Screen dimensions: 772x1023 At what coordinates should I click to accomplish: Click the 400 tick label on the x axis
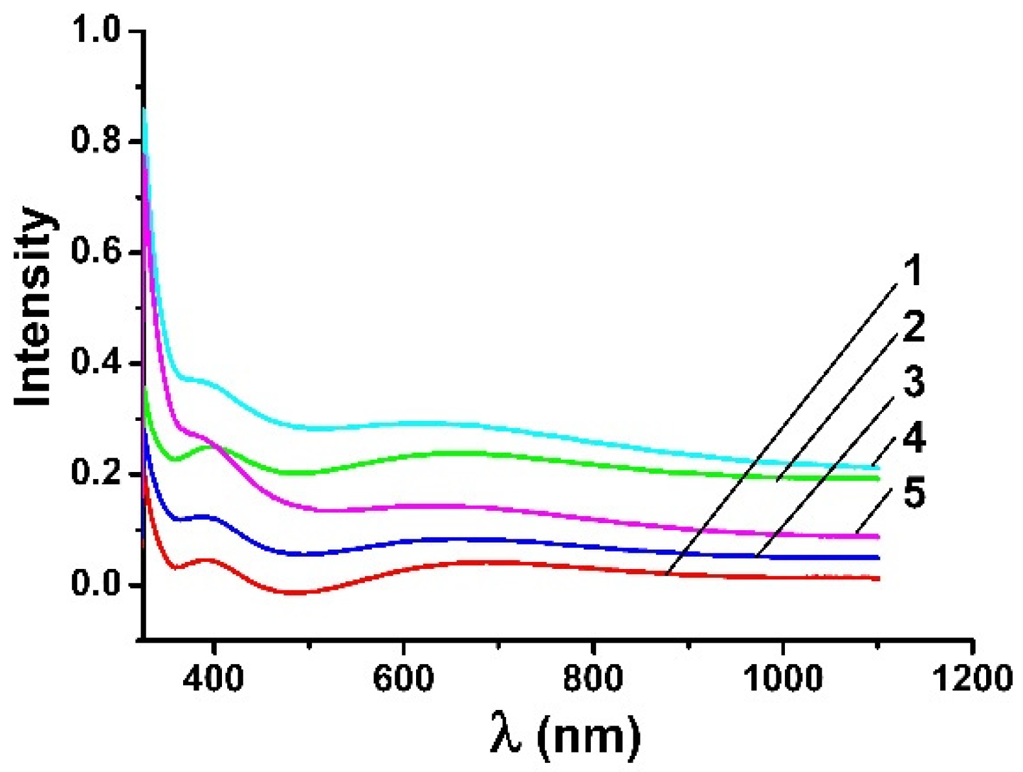point(213,678)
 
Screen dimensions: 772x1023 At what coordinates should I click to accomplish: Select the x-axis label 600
point(402,678)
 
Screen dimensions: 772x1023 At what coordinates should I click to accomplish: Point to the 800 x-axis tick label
point(592,678)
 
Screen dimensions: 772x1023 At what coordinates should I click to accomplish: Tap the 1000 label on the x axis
point(782,678)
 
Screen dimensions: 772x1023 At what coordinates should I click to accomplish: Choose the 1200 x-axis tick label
point(972,678)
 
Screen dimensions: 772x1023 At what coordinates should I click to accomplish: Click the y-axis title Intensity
point(34,307)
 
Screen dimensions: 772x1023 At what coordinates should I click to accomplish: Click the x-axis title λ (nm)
point(565,736)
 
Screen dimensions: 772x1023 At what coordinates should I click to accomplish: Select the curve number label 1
point(912,271)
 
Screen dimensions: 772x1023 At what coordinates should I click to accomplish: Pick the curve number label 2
point(913,327)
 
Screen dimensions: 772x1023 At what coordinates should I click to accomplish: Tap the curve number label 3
point(913,382)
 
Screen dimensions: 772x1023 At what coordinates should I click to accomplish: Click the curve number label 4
point(913,438)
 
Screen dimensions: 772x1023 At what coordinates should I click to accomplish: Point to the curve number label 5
point(914,493)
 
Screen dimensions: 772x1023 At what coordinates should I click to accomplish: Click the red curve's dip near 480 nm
point(294,592)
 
